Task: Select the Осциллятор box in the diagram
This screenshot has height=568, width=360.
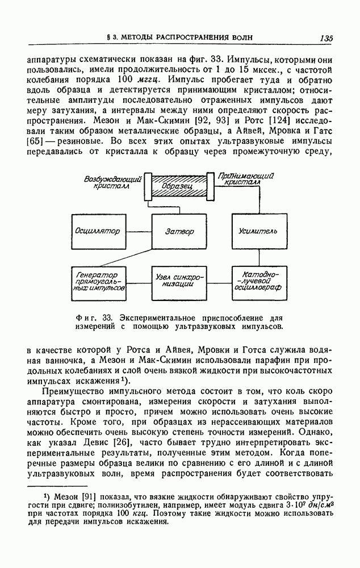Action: pyautogui.click(x=99, y=231)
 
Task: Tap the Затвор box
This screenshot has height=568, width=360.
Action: pyautogui.click(x=179, y=231)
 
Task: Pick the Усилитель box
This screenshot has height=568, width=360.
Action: pyautogui.click(x=259, y=231)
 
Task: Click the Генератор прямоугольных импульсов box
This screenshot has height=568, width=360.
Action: pyautogui.click(x=99, y=281)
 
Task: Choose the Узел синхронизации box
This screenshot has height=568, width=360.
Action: pyautogui.click(x=179, y=281)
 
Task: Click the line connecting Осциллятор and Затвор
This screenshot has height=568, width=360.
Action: pyautogui.click(x=139, y=231)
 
